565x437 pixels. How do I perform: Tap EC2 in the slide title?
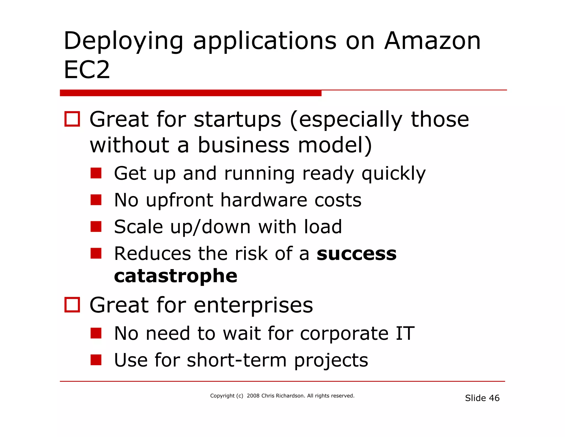point(87,70)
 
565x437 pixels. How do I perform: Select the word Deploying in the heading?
point(123,41)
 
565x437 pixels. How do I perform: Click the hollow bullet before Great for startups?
point(72,119)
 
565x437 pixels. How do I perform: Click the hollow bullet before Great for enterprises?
point(72,305)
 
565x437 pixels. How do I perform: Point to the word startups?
point(238,120)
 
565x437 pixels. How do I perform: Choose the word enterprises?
point(253,305)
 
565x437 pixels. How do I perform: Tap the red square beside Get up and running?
point(96,173)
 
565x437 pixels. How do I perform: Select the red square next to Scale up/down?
point(96,227)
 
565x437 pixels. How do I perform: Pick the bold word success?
point(356,254)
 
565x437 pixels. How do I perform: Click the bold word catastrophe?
point(175,276)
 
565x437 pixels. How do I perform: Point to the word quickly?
point(393,174)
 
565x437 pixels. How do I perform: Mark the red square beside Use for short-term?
point(96,360)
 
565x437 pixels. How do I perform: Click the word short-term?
point(237,360)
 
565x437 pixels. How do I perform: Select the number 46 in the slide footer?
point(494,398)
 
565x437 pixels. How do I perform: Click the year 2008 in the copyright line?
point(253,396)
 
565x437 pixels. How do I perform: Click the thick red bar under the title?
point(190,93)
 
